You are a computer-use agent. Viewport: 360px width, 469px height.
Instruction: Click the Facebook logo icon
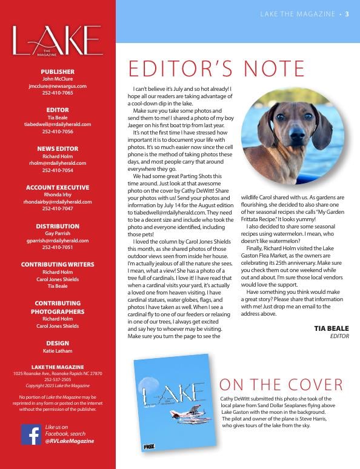point(31,434)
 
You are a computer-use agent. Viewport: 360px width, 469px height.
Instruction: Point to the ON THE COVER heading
point(281,385)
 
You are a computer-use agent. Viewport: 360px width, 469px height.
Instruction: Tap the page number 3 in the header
point(347,14)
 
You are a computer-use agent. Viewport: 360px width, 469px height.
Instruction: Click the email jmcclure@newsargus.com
point(58,86)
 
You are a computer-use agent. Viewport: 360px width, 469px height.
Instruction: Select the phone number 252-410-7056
point(58,131)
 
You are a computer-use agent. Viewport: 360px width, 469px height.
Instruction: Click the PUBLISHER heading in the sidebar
point(58,72)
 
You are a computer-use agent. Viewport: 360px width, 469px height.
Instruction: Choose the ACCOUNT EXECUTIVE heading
point(58,187)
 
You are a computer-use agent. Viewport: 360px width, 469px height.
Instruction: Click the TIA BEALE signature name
point(332,328)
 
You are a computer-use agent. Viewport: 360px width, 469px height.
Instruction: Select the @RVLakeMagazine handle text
point(69,442)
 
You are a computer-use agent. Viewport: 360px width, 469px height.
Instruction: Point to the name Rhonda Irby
point(58,195)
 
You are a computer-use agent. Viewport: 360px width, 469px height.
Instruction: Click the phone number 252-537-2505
point(58,380)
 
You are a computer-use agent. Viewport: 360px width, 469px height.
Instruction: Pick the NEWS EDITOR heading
point(58,148)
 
